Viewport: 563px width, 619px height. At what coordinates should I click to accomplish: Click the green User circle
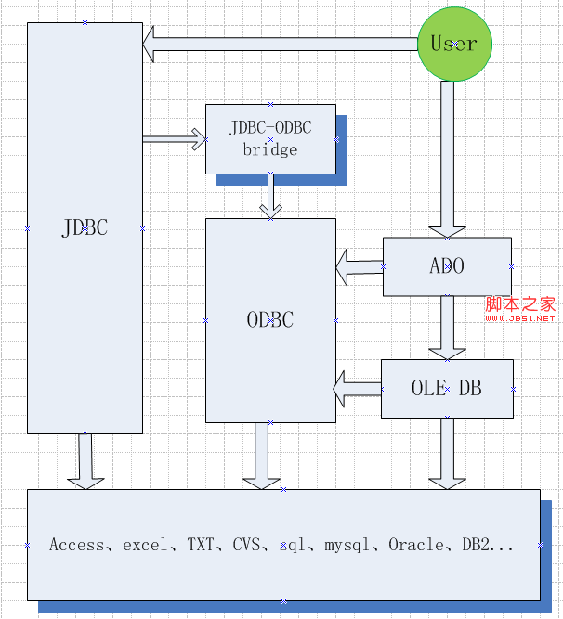coord(454,44)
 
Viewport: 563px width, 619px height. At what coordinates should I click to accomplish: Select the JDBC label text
coord(85,228)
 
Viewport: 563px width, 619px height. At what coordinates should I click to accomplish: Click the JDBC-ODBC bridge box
coord(270,138)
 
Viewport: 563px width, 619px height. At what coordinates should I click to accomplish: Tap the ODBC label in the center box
coord(270,320)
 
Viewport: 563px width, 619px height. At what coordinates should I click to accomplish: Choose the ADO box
coord(447,266)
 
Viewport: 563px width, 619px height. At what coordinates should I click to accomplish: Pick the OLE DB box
coord(447,389)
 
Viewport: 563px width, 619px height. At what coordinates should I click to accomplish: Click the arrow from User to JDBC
coord(279,44)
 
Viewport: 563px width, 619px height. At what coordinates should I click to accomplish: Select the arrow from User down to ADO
coord(447,158)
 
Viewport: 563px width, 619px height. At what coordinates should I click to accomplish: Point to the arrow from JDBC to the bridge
coord(175,139)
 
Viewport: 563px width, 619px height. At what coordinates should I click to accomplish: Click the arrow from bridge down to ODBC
coord(270,196)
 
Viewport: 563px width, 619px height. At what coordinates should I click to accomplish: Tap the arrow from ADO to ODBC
coord(360,267)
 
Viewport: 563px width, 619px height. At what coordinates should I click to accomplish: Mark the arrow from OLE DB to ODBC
coord(358,388)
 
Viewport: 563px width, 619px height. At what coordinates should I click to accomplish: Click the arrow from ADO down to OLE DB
coord(447,328)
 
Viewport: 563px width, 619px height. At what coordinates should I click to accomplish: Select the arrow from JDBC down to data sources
coord(85,460)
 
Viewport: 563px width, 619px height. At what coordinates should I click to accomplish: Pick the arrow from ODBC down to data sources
coord(261,456)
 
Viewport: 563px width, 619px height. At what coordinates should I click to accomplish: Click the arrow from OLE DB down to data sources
coord(447,453)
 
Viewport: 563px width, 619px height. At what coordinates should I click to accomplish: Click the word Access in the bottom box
coord(77,545)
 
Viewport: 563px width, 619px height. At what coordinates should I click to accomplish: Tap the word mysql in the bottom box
coord(347,545)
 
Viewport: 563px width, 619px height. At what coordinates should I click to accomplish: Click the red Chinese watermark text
coord(520,304)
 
